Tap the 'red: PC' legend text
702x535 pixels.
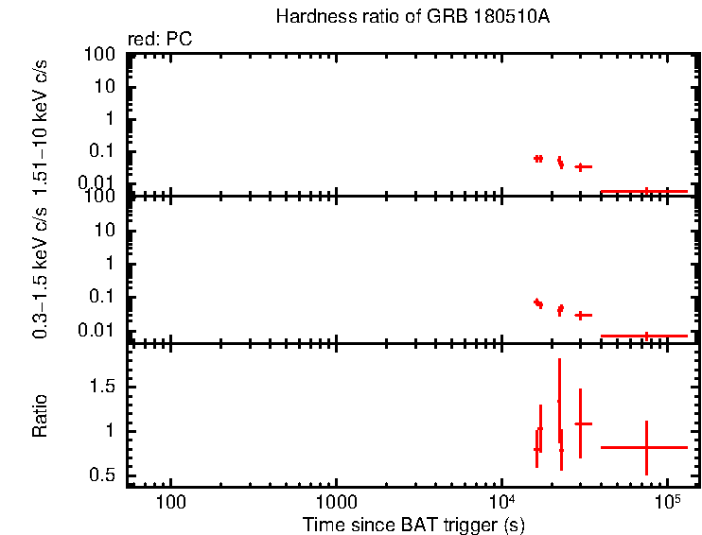tap(154, 40)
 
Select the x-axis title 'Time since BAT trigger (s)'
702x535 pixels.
tap(413, 524)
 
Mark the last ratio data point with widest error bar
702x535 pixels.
tap(646, 447)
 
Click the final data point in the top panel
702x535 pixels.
tap(646, 191)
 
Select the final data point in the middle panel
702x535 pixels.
tap(646, 336)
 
